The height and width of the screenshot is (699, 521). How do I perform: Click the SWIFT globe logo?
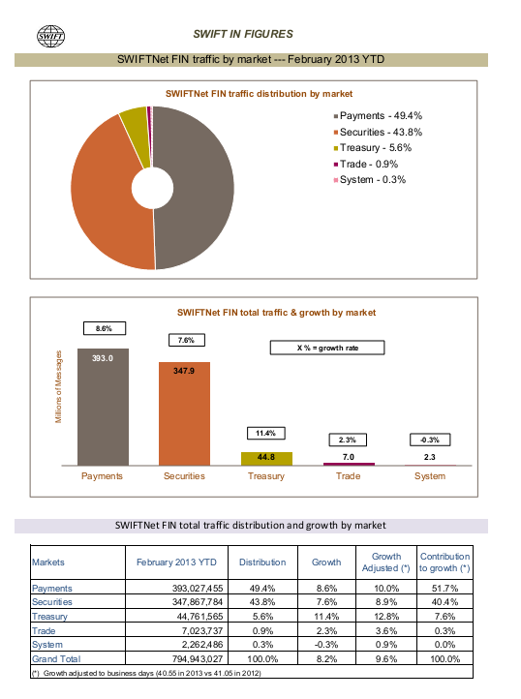tap(50, 36)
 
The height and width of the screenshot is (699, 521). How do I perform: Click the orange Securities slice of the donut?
tap(103, 200)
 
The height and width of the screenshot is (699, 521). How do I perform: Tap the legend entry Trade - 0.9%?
tap(366, 164)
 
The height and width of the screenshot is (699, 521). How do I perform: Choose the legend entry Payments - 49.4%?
tap(378, 116)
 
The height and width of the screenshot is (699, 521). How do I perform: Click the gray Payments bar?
tap(103, 407)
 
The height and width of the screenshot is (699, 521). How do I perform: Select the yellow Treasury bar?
tap(266, 459)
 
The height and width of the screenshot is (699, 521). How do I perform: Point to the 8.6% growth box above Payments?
tap(105, 328)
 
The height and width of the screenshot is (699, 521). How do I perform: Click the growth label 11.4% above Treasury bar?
tap(266, 434)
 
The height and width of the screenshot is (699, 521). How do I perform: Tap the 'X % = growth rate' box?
tap(327, 348)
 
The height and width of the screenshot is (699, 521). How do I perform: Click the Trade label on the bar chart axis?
tap(348, 476)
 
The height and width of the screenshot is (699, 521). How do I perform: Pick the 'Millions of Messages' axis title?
tap(58, 386)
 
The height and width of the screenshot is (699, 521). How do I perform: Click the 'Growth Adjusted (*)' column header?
tap(385, 562)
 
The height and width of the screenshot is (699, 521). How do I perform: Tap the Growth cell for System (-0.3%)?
tap(326, 645)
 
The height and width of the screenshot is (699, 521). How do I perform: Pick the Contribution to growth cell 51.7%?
tap(444, 589)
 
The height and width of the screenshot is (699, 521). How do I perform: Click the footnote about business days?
tap(146, 673)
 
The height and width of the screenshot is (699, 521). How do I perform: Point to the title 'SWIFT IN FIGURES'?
tap(243, 34)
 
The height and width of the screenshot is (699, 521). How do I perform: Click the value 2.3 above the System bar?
tap(430, 457)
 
